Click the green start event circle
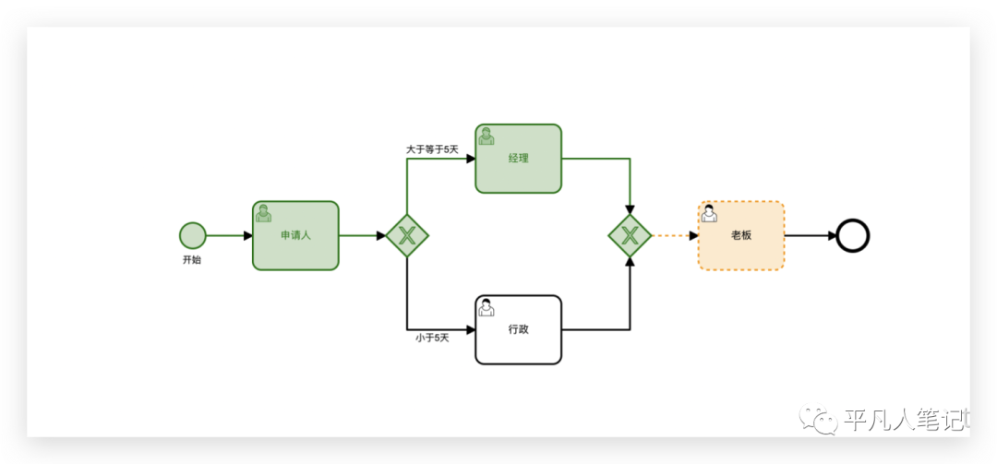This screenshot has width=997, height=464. coord(193,235)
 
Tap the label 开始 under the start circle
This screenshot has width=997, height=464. coord(192,260)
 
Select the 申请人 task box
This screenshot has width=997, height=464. coord(295,235)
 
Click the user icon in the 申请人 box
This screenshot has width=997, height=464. coord(263,213)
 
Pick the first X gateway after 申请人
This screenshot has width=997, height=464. coord(407,235)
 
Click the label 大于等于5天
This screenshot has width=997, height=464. coord(432,149)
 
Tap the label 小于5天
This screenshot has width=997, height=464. coord(432,338)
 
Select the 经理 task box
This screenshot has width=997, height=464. coord(518,159)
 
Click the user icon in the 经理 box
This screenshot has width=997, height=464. coord(486,136)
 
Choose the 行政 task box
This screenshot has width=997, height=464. coord(518,329)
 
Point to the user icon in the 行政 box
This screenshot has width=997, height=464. coord(486,307)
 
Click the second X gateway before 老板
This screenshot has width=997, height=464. coord(630,235)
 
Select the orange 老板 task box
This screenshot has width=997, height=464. coord(741,235)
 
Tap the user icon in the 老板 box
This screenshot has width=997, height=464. coord(709,213)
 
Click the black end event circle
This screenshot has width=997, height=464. coord(853,235)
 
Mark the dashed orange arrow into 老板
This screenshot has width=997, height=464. coord(674,235)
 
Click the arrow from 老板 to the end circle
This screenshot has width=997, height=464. coord(811,235)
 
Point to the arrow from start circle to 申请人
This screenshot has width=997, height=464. coord(228,235)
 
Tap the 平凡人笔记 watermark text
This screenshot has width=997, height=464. coord(905,421)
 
